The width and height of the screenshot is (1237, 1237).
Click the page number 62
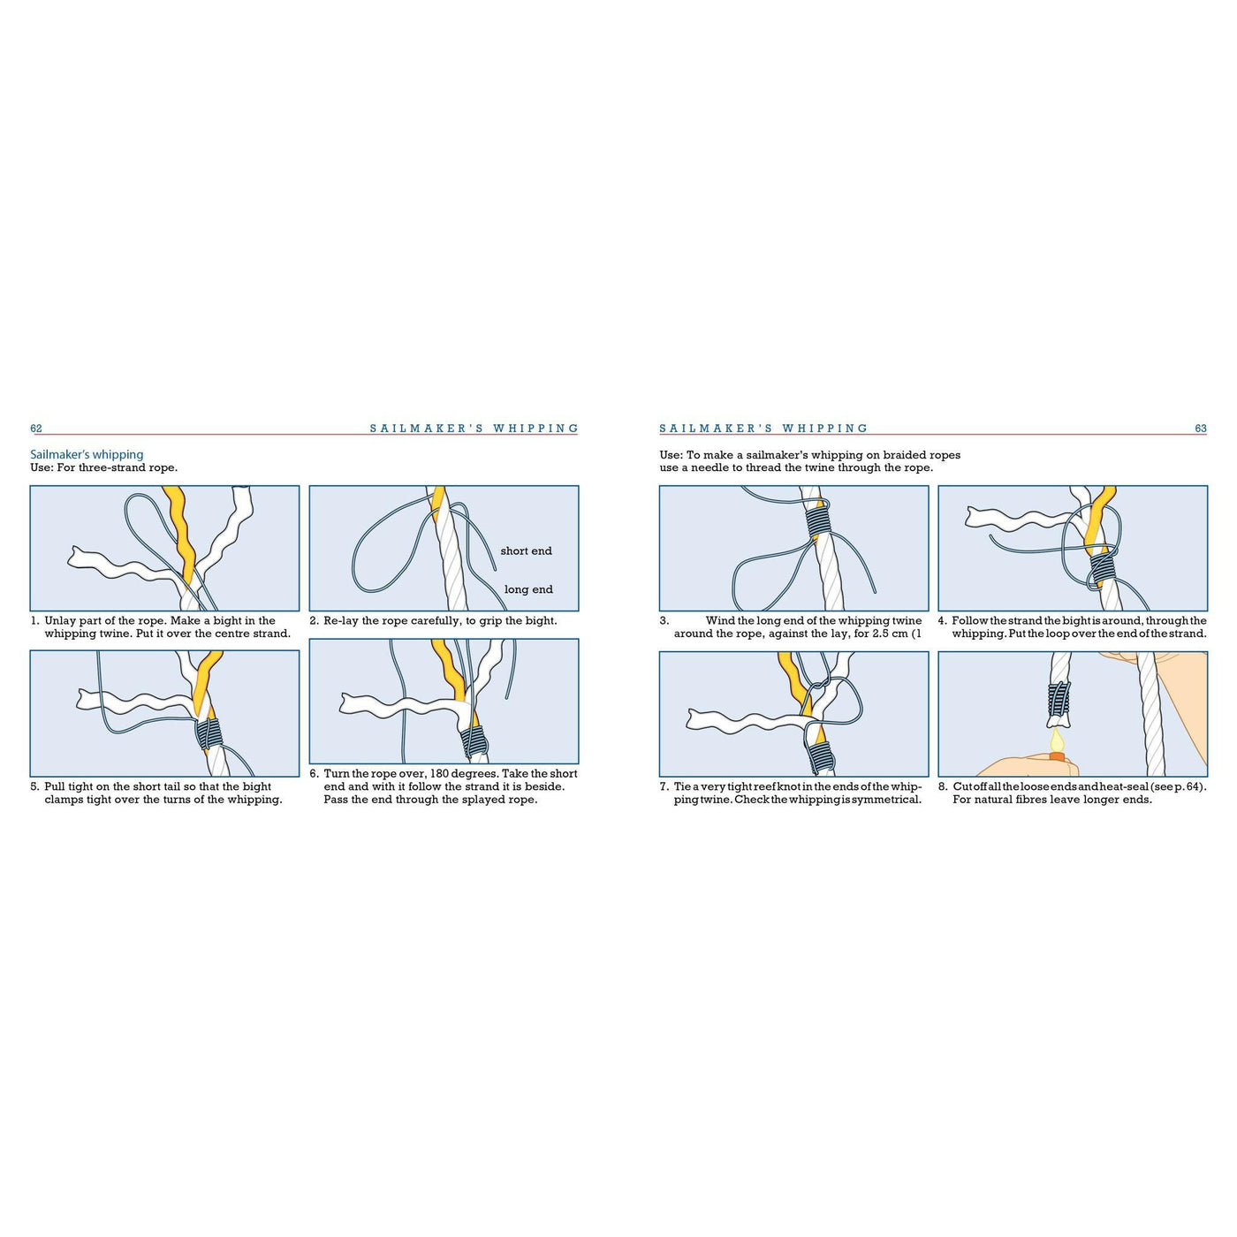coord(36,429)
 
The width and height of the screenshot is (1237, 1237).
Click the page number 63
coord(1200,429)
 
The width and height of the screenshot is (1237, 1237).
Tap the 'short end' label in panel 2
coord(526,551)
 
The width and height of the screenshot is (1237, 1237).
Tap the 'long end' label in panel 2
coord(528,590)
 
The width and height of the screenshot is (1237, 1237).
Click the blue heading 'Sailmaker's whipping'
coord(87,454)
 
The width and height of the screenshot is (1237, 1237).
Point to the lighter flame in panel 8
coord(1056,740)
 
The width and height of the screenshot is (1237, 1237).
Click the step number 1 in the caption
coord(34,621)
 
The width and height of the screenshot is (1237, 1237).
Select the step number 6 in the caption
coord(314,774)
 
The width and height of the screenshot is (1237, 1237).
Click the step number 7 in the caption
coord(664,786)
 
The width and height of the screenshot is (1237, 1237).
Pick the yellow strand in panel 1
coord(181,530)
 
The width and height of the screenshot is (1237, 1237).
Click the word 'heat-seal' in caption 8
coord(1124,786)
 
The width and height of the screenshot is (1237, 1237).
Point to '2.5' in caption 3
coord(881,634)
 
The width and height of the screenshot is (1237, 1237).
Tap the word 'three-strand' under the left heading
coord(112,467)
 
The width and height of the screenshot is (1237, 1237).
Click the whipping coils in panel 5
coord(209,733)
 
